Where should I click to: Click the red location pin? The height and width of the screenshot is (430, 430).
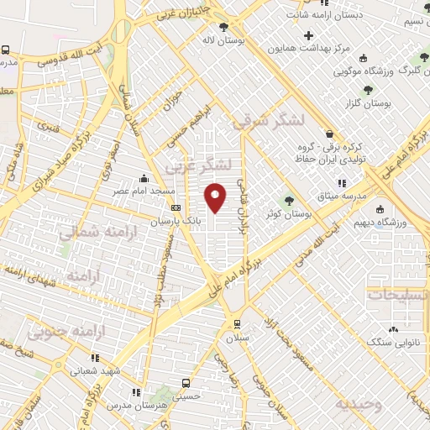[x=216, y=197]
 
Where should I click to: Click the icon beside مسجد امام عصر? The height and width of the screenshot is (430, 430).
[x=145, y=178]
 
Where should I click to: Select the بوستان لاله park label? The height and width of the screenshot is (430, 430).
[x=222, y=39]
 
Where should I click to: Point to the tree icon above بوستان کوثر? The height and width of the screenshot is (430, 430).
[x=290, y=200]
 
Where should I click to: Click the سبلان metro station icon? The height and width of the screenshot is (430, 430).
[x=236, y=324]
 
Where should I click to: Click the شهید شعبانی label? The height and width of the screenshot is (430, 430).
[x=98, y=369]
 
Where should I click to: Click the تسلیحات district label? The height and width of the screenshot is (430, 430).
[x=398, y=296]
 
